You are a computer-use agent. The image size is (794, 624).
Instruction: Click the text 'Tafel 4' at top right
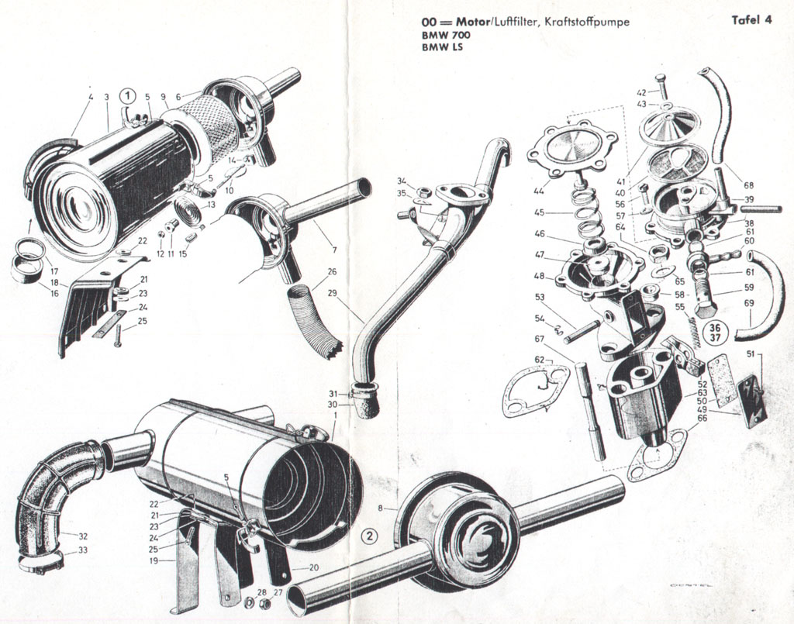click(x=751, y=21)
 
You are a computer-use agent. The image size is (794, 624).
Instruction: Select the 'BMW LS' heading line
click(x=438, y=47)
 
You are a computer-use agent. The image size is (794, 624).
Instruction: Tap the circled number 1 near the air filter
click(x=127, y=95)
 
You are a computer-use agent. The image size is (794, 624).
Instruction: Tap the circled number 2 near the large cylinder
click(x=371, y=536)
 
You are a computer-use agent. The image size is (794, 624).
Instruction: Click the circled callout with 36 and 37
click(x=710, y=330)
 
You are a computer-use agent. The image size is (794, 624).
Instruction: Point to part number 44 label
click(x=538, y=190)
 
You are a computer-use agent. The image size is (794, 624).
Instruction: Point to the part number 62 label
click(x=539, y=360)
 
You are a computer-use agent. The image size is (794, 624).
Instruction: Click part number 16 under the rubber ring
click(x=54, y=294)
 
